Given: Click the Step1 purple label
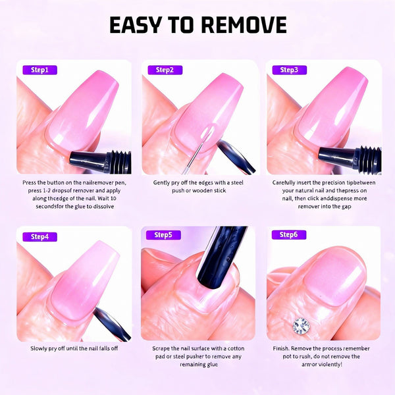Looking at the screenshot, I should pos(40,70).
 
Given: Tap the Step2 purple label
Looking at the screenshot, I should pos(165,70).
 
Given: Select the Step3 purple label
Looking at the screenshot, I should pos(289,70).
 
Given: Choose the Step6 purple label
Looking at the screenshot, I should pos(289,234).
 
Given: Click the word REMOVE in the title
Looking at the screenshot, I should pos(243,25).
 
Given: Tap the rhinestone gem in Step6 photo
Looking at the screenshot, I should pos(302,325).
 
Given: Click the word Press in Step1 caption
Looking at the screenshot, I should pos(30,182).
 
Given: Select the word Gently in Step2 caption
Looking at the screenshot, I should pos(163,182).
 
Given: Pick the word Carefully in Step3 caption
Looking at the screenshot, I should pos(284,182).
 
